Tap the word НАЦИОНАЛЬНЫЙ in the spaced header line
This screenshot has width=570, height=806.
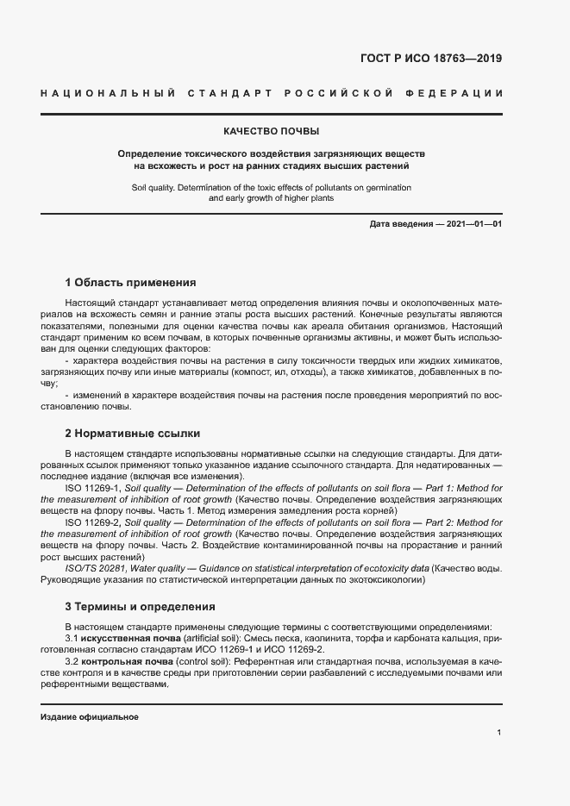point(109,92)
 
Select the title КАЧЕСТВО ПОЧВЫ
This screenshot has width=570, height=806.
point(272,132)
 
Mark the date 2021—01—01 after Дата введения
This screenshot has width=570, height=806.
point(473,225)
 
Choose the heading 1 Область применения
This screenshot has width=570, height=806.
point(130,282)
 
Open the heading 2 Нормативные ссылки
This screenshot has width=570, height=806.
point(132,433)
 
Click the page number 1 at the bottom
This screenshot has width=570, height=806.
point(499,732)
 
